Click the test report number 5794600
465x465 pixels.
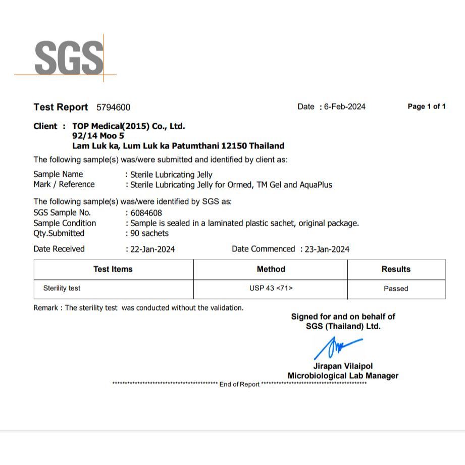click(113, 107)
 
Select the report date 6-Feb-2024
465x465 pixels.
click(345, 107)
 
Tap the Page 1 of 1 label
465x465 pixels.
click(427, 107)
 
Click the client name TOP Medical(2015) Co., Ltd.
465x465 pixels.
click(129, 126)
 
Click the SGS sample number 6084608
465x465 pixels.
click(146, 213)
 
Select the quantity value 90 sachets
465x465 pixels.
click(149, 233)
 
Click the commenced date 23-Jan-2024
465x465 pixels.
click(327, 249)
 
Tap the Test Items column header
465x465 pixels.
click(113, 269)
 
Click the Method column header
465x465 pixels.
click(271, 269)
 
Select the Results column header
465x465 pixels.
click(396, 269)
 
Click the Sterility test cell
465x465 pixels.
click(62, 288)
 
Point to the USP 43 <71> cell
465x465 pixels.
click(271, 288)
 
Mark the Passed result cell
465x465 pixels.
click(396, 289)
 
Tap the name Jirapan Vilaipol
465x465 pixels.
click(343, 366)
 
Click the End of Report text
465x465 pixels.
click(239, 384)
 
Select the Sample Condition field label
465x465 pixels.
click(65, 223)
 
